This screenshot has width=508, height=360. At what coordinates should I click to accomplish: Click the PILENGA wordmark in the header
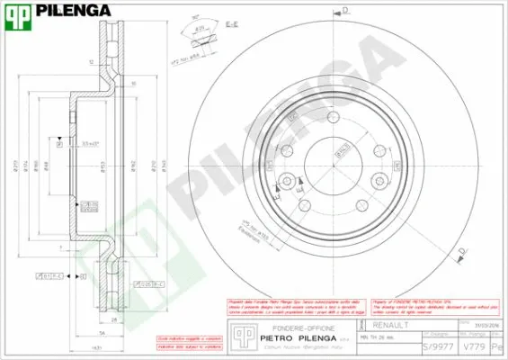pos(74,11)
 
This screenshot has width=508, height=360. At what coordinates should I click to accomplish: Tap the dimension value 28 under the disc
pos(115,319)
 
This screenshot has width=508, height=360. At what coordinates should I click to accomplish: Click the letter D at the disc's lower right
pos(464,250)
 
